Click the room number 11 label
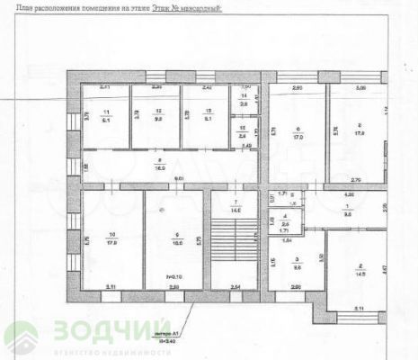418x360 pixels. [106, 111]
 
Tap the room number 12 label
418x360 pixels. [157, 111]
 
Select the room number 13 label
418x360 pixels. [207, 111]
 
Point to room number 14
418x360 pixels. [245, 94]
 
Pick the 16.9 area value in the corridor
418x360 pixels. [157, 166]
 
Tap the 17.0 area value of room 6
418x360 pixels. [297, 138]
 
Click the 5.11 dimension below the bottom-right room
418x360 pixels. [358, 310]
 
